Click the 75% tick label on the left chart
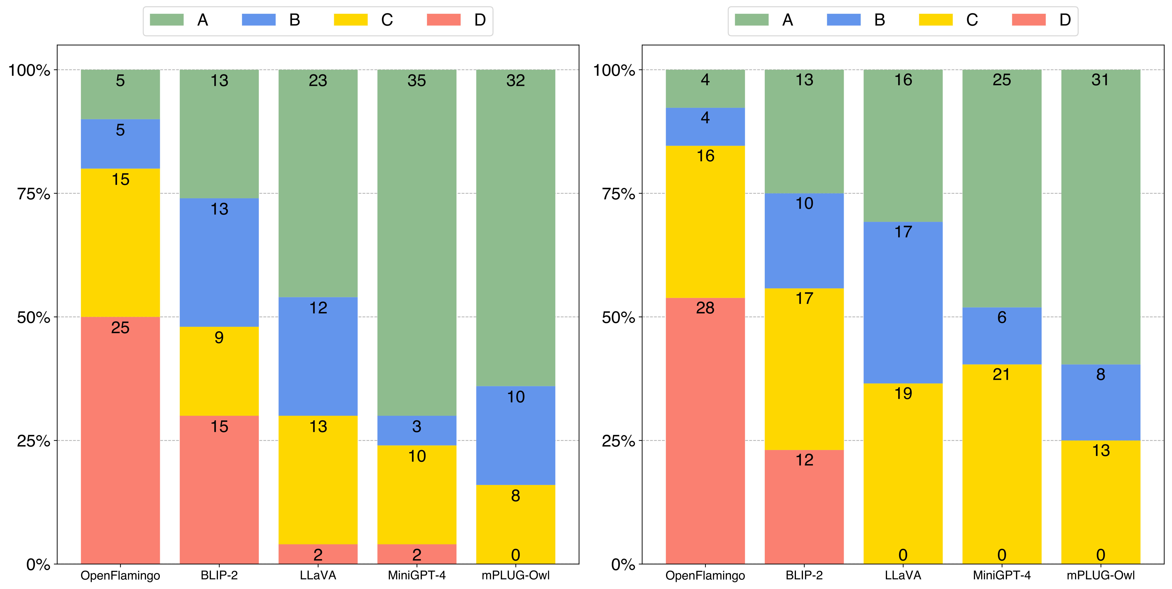33,194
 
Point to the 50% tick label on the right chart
618,317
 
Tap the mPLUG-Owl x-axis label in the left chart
515,575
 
